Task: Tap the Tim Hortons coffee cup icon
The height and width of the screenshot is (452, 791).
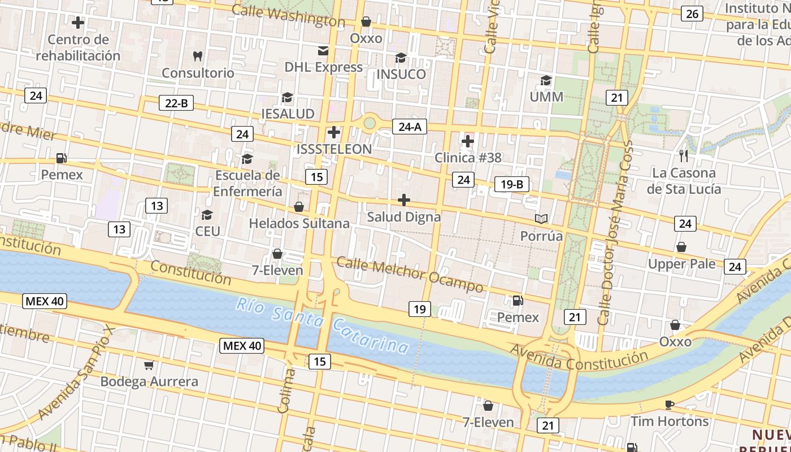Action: click(x=670, y=405)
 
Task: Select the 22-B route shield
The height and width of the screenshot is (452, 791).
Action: click(x=176, y=103)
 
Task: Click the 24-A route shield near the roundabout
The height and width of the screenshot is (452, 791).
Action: click(x=410, y=127)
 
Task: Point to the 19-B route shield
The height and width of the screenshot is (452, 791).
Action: click(x=512, y=184)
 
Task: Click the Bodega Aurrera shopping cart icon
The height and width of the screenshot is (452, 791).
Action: click(x=149, y=366)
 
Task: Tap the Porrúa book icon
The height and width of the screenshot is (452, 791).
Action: click(x=541, y=219)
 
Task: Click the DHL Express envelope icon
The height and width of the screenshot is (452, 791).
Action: click(x=323, y=51)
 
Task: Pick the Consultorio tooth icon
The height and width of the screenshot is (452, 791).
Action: click(x=197, y=56)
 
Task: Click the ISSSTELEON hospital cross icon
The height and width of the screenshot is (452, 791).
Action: click(x=334, y=133)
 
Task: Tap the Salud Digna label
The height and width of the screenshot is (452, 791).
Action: click(x=404, y=217)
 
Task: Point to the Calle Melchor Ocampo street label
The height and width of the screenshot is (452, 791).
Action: click(x=410, y=274)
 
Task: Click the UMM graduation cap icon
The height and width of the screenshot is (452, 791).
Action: click(x=546, y=80)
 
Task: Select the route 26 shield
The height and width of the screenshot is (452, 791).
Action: click(x=692, y=14)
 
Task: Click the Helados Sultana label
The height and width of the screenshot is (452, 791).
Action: click(x=299, y=224)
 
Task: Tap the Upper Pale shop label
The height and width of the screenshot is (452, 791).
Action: click(x=682, y=264)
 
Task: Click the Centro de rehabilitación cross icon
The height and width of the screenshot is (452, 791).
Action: click(x=78, y=23)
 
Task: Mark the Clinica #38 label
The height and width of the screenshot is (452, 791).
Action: click(x=468, y=158)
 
